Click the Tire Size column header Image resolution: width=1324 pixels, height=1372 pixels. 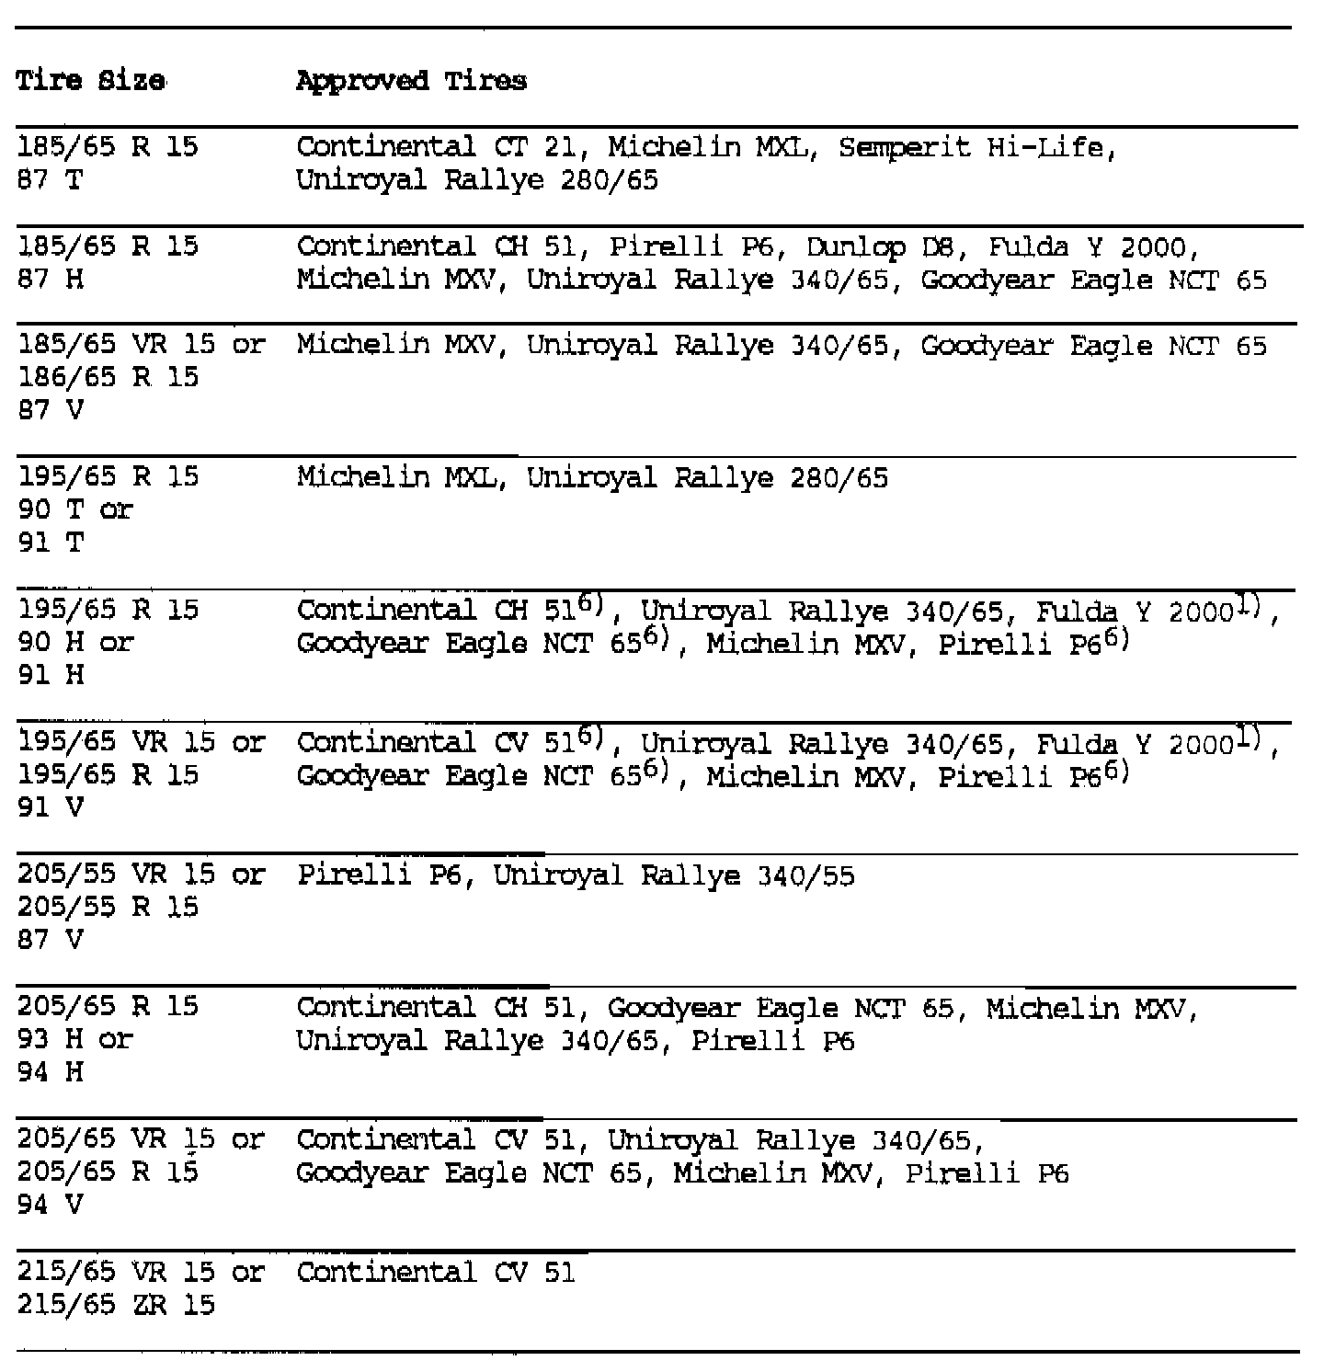pyautogui.click(x=91, y=81)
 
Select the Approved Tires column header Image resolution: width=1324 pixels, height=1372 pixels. pyautogui.click(x=411, y=81)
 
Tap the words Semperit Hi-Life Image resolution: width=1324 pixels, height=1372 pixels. pyautogui.click(x=977, y=147)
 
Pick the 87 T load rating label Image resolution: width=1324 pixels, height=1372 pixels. pyautogui.click(x=50, y=180)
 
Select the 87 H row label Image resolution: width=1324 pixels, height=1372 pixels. pyautogui.click(x=51, y=280)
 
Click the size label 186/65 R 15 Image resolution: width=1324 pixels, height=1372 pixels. pyautogui.click(x=108, y=377)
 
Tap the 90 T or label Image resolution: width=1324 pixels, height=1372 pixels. pyautogui.click(x=75, y=509)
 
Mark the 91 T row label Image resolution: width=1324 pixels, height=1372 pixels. pyautogui.click(x=51, y=543)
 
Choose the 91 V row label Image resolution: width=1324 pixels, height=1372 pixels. pyautogui.click(x=51, y=807)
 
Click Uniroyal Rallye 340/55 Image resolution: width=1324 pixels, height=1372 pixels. pyautogui.click(x=674, y=875)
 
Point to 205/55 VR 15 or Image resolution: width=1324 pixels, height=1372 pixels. pyautogui.click(x=141, y=875)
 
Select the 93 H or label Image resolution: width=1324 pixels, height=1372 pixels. pyautogui.click(x=75, y=1039)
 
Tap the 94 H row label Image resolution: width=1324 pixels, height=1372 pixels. pyautogui.click(x=51, y=1072)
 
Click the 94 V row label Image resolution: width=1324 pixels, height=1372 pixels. pyautogui.click(x=51, y=1205)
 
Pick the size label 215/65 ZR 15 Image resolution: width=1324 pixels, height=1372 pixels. pyautogui.click(x=116, y=1305)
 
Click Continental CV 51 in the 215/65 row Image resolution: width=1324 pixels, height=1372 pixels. pyautogui.click(x=436, y=1273)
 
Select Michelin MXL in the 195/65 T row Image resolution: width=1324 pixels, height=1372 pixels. pyautogui.click(x=401, y=478)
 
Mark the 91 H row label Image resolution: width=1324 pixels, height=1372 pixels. pyautogui.click(x=51, y=675)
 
